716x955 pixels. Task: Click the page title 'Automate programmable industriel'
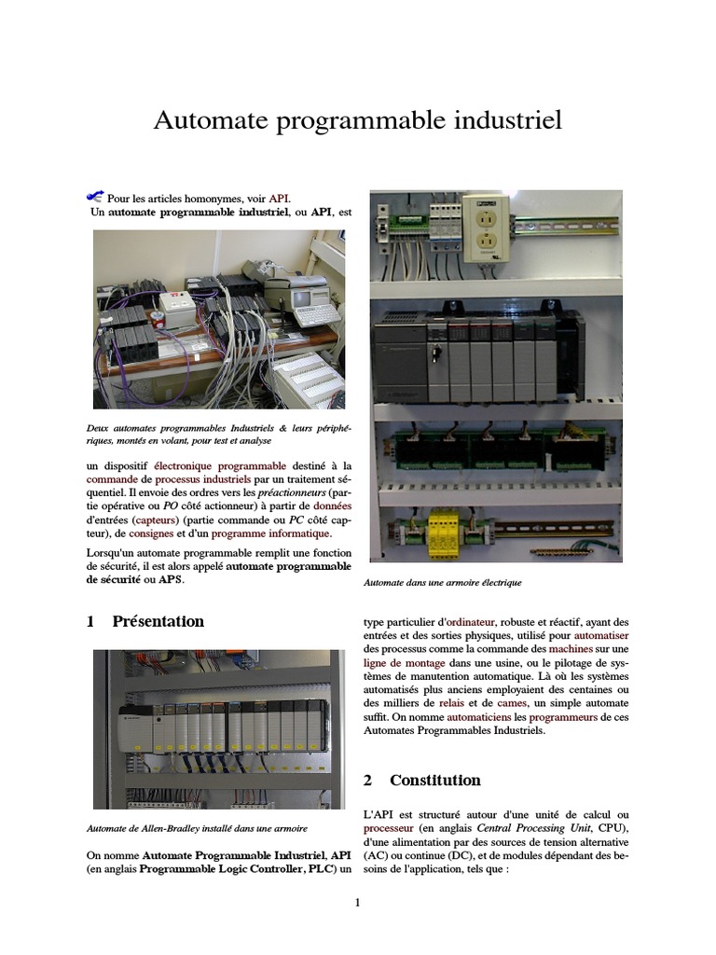357,121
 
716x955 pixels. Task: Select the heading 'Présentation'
158,621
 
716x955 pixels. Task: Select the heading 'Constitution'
434,780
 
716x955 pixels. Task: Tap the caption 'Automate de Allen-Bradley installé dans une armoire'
197,828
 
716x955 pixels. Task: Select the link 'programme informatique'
270,533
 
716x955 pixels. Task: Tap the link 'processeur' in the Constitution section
389,827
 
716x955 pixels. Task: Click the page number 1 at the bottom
357,902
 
